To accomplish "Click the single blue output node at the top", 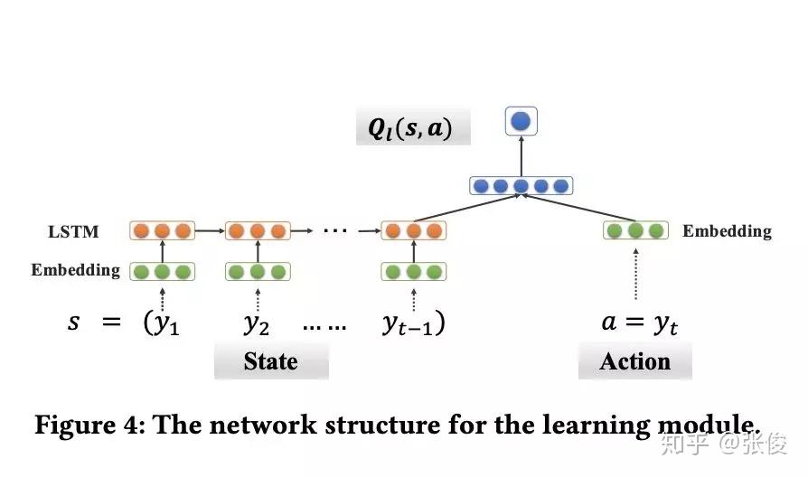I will [521, 121].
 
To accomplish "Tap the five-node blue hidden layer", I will [521, 186].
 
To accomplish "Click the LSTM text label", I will [73, 232].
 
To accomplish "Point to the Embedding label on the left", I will [75, 270].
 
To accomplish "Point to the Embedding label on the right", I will [727, 231].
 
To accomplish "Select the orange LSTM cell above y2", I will [257, 230].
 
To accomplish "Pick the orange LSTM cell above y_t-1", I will [414, 230].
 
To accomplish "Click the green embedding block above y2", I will [257, 271].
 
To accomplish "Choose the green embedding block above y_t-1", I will [414, 271].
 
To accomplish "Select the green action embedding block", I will [635, 230].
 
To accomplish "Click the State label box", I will [270, 362].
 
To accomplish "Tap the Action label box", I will [634, 362].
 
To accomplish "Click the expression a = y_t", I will [638, 323].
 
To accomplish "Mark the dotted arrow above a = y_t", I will [635, 274].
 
